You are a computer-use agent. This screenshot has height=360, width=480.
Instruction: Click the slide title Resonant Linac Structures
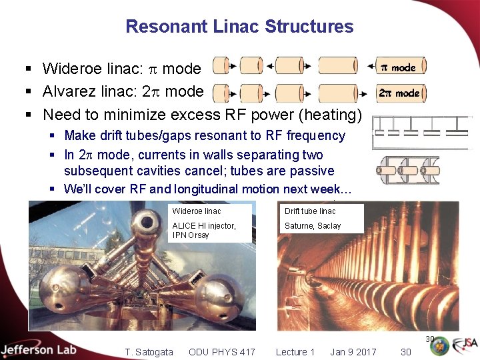239,27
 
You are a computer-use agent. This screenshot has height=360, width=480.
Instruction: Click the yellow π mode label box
398,67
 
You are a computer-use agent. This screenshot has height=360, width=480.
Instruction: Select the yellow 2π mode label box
399,93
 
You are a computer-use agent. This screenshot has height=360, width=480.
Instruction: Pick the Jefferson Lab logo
39,349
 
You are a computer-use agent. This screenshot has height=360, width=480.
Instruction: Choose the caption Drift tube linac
310,211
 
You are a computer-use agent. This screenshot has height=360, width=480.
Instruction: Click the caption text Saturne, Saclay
313,226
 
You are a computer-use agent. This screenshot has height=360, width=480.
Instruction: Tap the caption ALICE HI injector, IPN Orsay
204,230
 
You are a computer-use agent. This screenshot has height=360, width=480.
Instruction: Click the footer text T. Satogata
149,352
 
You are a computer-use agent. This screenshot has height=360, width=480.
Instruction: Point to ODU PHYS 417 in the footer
221,352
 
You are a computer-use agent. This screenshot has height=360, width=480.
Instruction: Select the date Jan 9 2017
353,352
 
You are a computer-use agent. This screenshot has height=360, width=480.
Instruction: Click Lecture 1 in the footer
295,352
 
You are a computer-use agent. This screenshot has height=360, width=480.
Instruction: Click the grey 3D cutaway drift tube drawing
407,169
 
